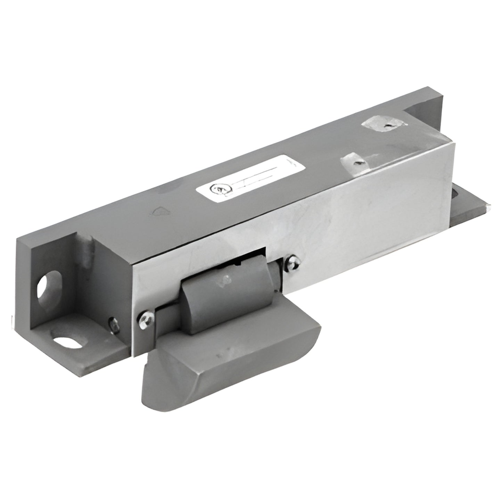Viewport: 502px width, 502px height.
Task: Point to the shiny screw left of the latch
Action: click(x=146, y=317)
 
